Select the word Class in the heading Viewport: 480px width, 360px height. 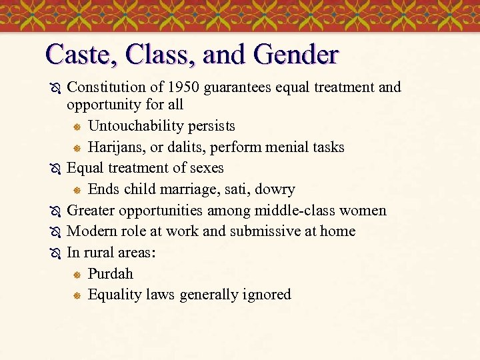click(x=157, y=54)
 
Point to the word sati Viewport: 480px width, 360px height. click(x=237, y=189)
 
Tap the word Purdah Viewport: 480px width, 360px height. click(x=110, y=274)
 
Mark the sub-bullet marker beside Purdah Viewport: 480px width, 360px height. click(x=77, y=275)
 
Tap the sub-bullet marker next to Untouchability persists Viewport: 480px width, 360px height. click(x=77, y=127)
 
